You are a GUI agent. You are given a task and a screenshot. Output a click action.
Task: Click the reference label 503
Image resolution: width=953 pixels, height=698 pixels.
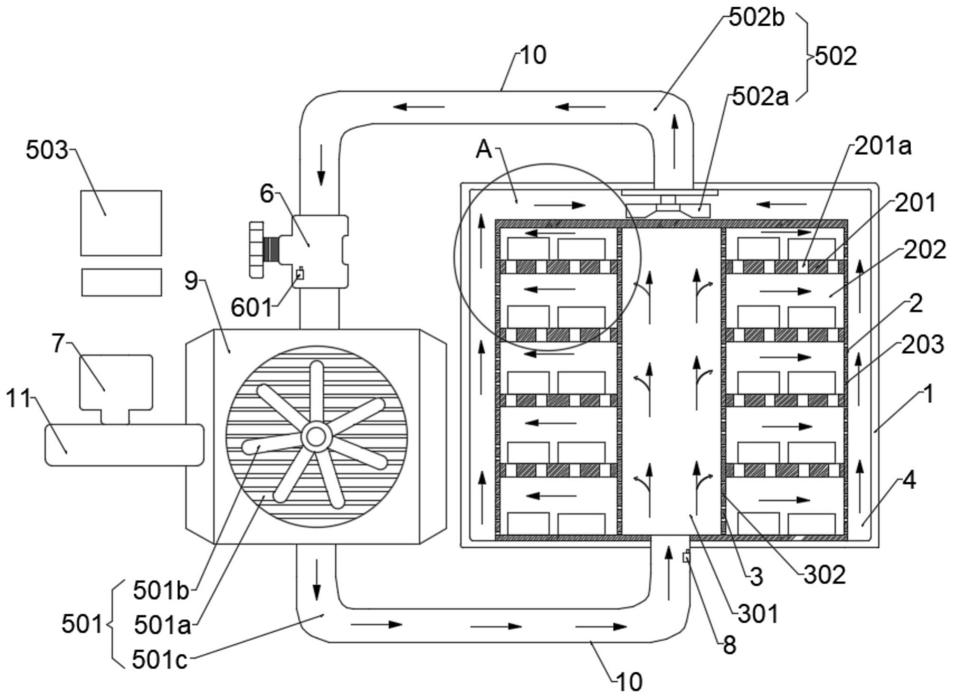[46, 151]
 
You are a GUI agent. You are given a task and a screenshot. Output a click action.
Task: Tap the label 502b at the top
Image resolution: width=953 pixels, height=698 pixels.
[756, 18]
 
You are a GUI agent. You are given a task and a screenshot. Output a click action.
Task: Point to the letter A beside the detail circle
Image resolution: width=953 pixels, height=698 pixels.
[484, 150]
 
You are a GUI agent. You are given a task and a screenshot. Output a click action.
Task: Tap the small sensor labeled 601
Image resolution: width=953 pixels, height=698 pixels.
[299, 273]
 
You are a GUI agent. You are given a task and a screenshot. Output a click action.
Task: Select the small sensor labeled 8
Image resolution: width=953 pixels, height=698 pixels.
[686, 557]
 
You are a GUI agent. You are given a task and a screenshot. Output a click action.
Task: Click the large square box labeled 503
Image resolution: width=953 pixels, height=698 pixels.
[121, 223]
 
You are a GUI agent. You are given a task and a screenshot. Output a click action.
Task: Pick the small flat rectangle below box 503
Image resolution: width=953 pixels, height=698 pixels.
[121, 282]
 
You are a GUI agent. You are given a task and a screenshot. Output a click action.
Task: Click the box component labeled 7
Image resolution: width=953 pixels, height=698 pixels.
[116, 382]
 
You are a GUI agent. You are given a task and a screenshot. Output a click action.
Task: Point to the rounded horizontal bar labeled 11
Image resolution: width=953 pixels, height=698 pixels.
[124, 445]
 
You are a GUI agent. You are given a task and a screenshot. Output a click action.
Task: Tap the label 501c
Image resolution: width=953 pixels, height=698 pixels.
[159, 660]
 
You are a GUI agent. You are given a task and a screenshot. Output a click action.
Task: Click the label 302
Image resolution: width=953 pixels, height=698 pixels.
[825, 575]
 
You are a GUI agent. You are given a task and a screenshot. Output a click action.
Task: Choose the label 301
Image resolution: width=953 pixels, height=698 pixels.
[758, 614]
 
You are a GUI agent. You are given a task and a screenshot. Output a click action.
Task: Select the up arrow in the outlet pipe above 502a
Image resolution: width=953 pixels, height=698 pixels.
[674, 141]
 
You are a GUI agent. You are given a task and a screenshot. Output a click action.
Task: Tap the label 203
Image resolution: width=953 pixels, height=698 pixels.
[922, 345]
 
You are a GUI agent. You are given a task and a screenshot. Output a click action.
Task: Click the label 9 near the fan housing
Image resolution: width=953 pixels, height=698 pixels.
[190, 281]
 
